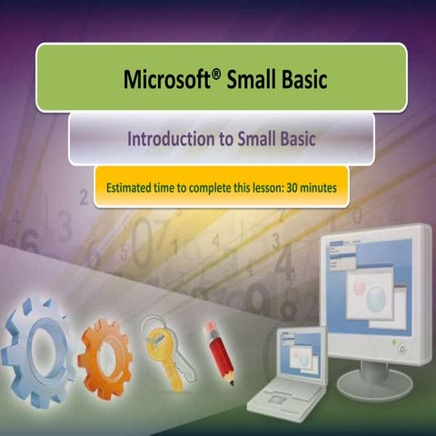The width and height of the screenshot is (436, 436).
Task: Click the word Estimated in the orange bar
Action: click(132, 188)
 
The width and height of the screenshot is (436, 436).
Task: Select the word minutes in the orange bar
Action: click(319, 188)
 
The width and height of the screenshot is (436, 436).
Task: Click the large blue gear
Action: click(38, 345)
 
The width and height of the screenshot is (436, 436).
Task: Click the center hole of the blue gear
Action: click(38, 346)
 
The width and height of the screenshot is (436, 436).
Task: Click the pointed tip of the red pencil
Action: click(231, 381)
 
